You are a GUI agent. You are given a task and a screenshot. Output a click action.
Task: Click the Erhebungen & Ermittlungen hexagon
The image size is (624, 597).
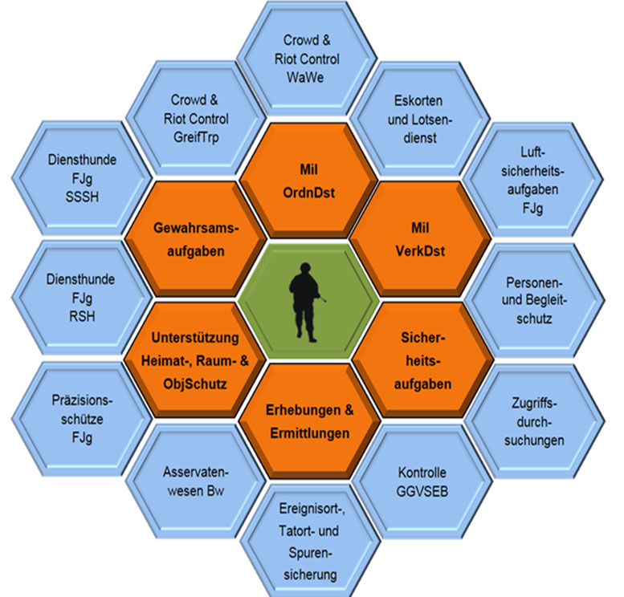point(308,420)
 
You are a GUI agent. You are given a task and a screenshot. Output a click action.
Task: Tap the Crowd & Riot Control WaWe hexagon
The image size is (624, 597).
point(311,59)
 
